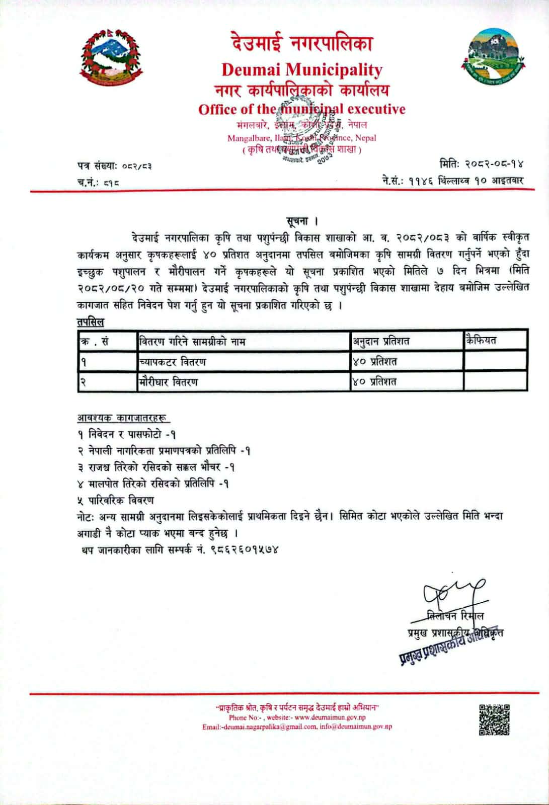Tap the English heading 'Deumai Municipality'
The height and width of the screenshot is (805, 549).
pos(302,69)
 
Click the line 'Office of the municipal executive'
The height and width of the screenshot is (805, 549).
pos(301,109)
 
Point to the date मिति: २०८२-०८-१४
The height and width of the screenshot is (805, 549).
pos(482,164)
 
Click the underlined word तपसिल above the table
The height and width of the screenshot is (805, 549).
pos(91,321)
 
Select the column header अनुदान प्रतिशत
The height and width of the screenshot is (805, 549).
pos(380,342)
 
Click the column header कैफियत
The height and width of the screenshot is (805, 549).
pos(481,341)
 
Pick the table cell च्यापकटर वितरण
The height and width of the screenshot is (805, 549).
pos(173,362)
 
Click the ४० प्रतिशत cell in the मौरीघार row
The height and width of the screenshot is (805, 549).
pos(375,381)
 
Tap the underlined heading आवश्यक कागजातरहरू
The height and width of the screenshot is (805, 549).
pos(123,418)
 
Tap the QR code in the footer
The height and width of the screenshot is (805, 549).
pos(494,719)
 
